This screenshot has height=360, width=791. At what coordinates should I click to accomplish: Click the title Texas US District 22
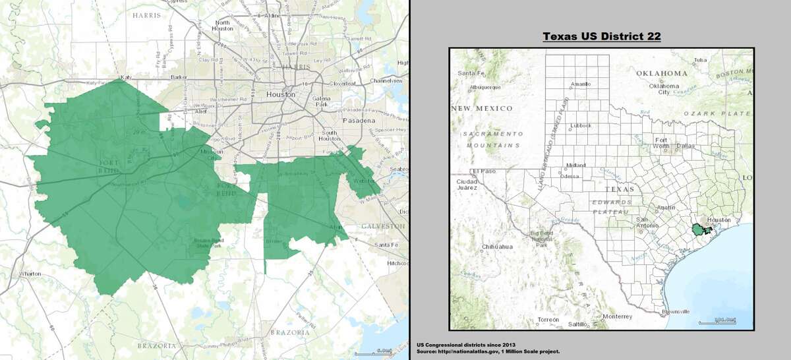[601, 36]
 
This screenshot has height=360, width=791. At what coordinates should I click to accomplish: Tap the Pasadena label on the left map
[358, 121]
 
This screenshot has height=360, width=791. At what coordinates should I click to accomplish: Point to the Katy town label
[124, 78]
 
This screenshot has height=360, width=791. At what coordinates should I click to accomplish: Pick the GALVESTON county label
[382, 226]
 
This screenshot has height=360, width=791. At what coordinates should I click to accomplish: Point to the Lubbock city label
[581, 125]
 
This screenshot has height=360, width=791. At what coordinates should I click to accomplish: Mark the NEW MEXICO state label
[483, 107]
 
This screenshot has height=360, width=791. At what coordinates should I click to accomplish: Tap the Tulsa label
[700, 59]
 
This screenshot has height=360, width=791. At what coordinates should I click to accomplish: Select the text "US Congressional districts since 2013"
[465, 345]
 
